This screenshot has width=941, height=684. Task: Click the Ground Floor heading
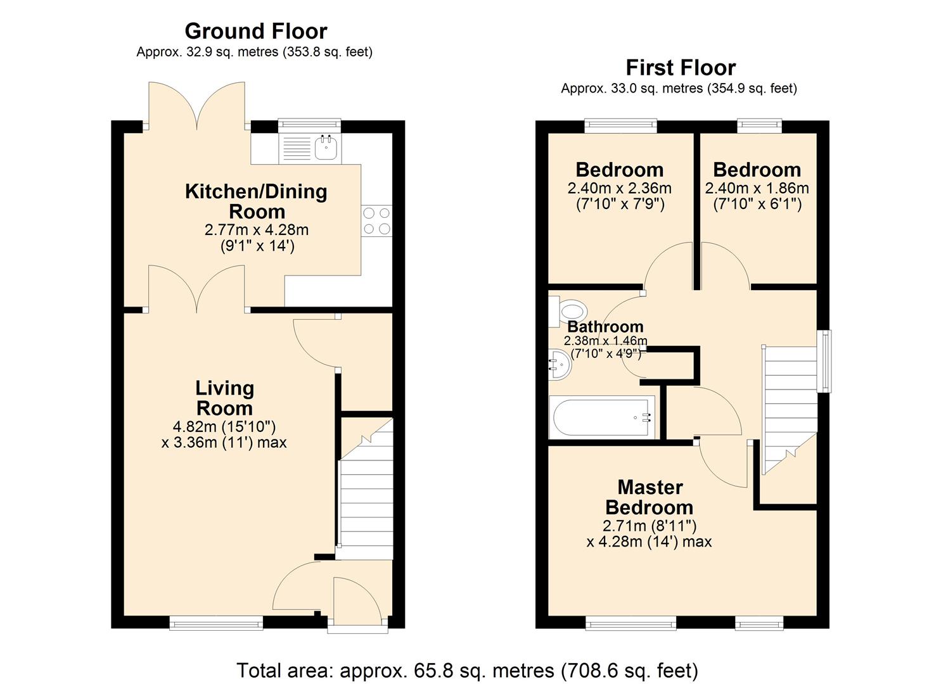tap(255, 31)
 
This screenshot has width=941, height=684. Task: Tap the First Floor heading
tap(681, 68)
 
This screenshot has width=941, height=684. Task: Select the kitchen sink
tap(326, 148)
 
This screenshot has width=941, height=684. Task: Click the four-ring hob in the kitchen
tap(376, 221)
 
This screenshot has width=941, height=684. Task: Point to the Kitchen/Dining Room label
tap(256, 201)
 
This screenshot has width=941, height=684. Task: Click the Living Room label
tap(224, 398)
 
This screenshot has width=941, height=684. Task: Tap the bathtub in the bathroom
tap(603, 417)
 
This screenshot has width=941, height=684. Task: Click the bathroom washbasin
tap(558, 366)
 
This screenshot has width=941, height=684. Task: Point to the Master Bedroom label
tap(650, 497)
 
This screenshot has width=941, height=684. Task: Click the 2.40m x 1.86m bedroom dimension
tap(757, 188)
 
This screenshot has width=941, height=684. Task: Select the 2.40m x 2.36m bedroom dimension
tap(619, 188)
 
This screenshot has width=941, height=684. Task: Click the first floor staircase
tap(788, 405)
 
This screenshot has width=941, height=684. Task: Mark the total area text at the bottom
tap(467, 670)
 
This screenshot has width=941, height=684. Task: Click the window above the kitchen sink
tap(309, 126)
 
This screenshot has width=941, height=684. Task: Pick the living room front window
tap(216, 623)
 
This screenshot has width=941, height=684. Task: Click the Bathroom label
tap(605, 327)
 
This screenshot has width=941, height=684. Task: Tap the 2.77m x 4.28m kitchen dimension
tap(256, 230)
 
